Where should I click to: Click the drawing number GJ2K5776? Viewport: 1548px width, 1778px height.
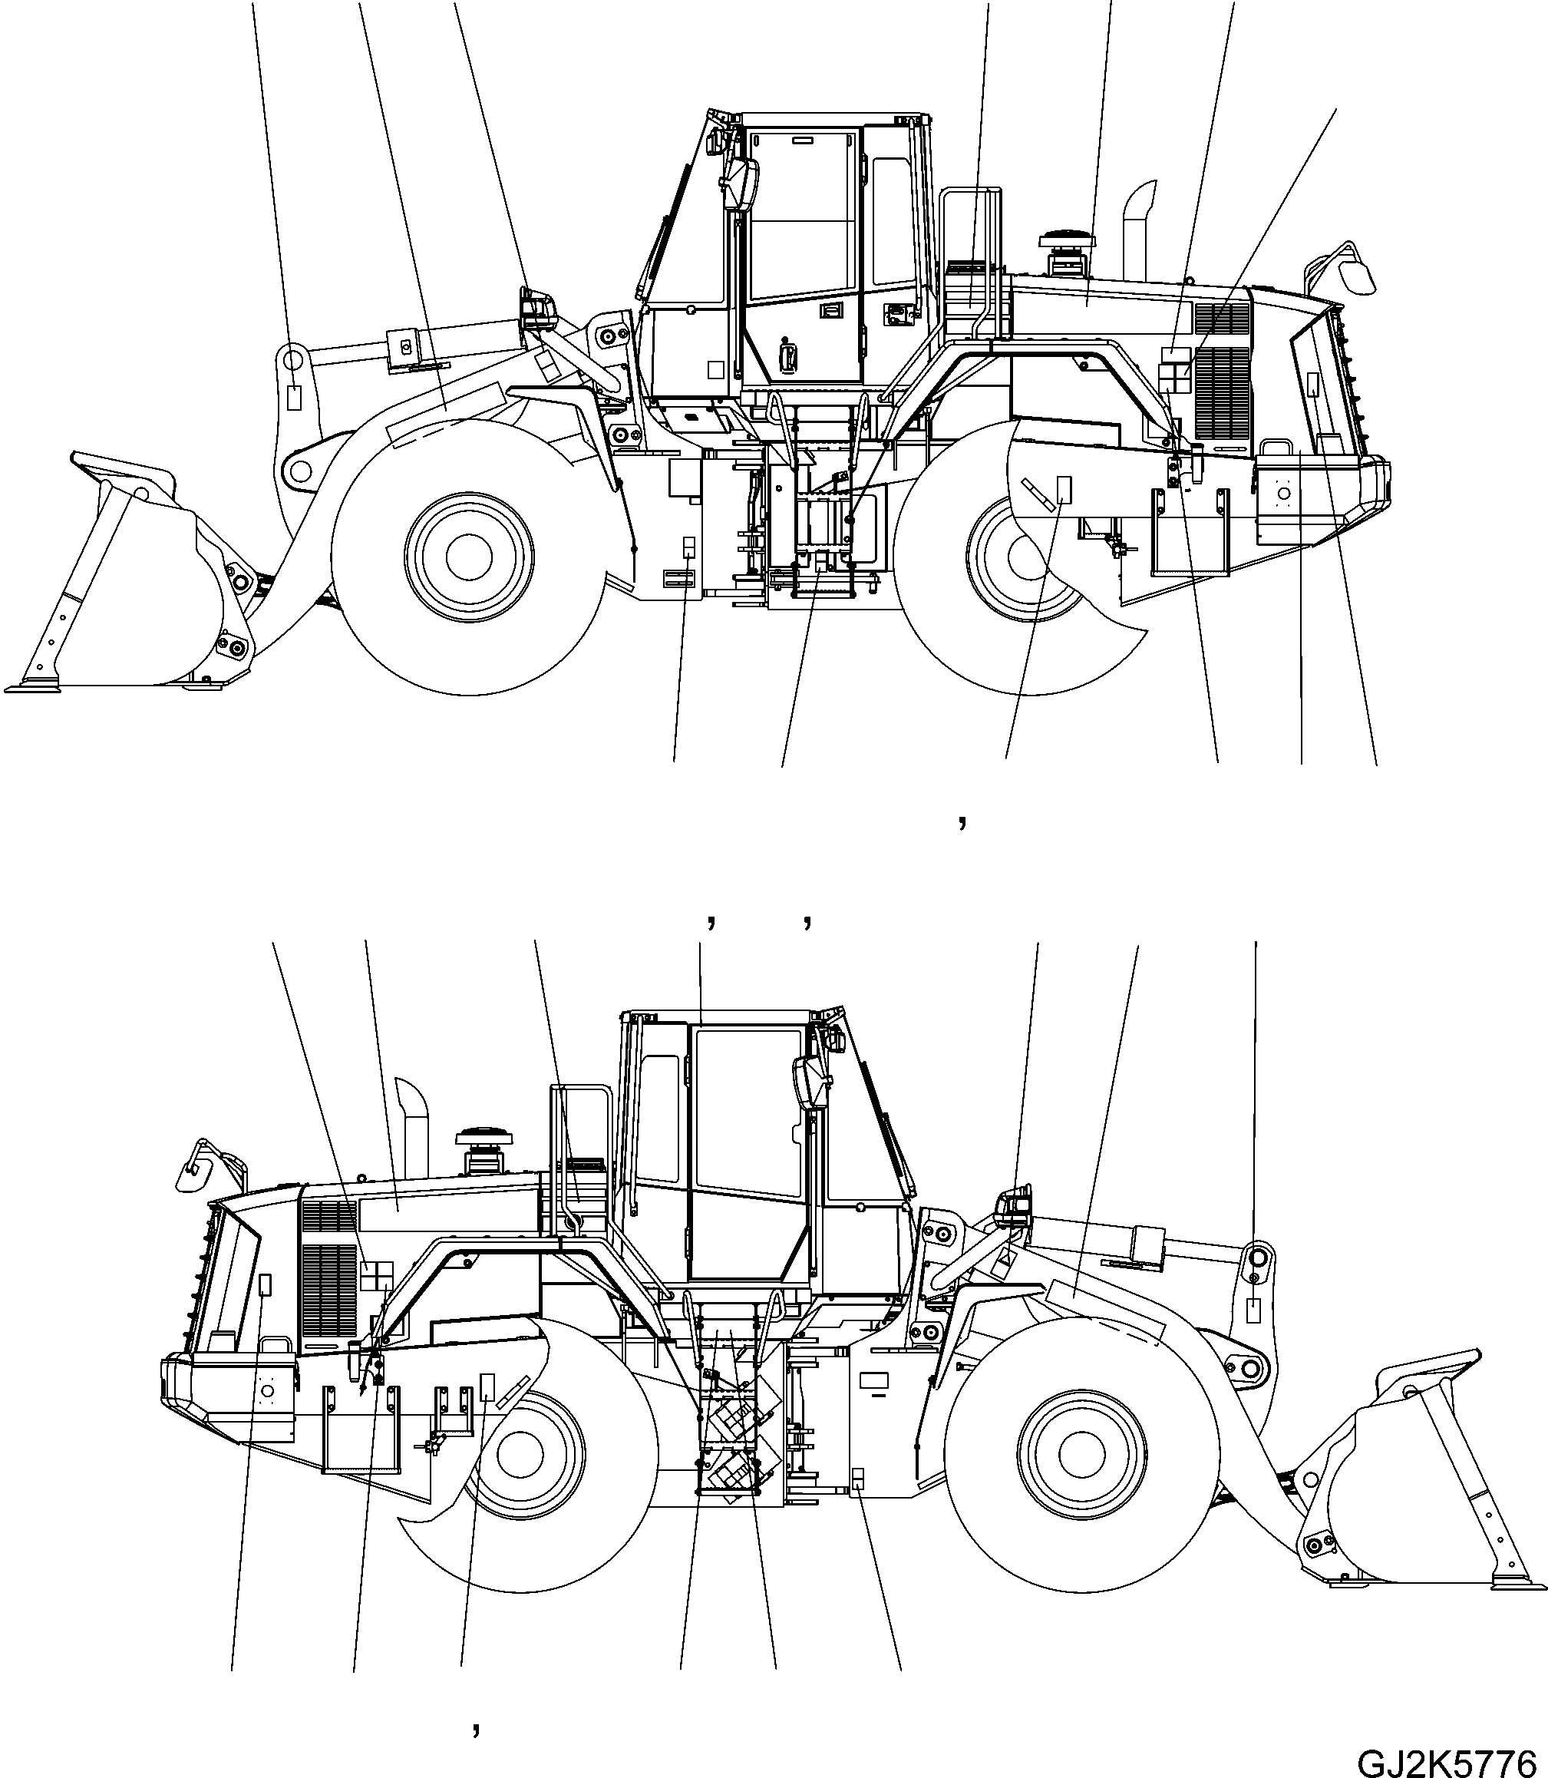[1451, 1760]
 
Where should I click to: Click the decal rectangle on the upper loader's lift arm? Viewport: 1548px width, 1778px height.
[294, 398]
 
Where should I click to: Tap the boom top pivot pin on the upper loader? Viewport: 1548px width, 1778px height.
[291, 357]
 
